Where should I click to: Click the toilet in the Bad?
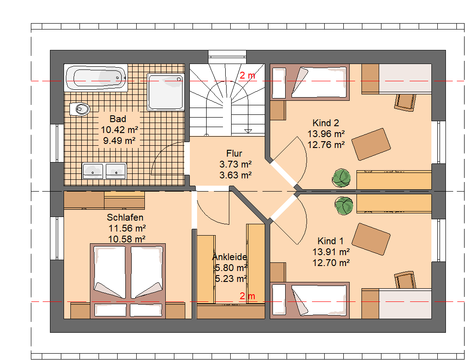click(79, 109)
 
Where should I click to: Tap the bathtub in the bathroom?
click(96, 77)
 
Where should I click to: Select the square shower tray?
click(166, 92)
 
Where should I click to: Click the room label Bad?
click(118, 119)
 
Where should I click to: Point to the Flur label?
click(234, 153)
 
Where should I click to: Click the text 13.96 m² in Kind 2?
click(326, 134)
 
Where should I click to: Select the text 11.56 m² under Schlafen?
click(127, 228)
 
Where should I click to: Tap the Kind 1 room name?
click(331, 241)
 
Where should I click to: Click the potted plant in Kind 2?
click(341, 178)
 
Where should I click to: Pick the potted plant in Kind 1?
click(344, 206)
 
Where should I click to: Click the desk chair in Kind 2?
click(405, 102)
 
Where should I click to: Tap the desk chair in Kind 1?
click(405, 279)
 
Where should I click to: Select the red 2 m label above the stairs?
click(247, 75)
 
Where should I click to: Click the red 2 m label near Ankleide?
click(247, 296)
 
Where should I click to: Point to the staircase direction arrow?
click(248, 131)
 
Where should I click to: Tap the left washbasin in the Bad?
click(93, 171)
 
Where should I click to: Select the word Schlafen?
click(125, 217)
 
